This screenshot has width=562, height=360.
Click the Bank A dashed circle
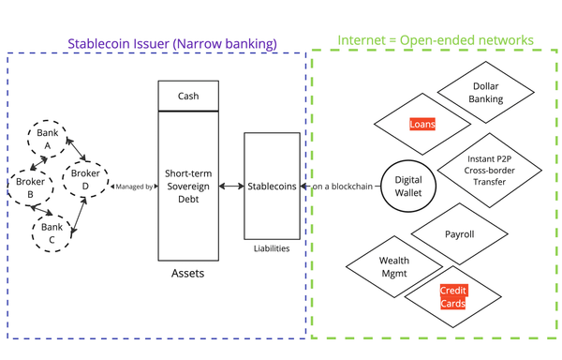pos(47,139)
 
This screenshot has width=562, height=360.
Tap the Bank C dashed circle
pos(52,232)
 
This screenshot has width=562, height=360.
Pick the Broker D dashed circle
pos(85,179)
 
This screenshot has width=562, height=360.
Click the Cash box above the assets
pos(187,96)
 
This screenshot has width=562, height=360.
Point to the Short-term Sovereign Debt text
pos(187,186)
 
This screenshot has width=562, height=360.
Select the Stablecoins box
pos(272,186)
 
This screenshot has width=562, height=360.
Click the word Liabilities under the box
pos(272,248)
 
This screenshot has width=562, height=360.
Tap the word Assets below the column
pos(187,274)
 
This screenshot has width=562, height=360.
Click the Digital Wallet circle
pos(408,186)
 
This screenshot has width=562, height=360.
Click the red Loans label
pos(422,124)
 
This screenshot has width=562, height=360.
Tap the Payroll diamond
pos(459,234)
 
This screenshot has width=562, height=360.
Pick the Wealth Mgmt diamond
pos(393,267)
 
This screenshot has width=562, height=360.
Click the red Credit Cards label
pos(453,297)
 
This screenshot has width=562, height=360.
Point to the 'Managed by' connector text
pos(133,187)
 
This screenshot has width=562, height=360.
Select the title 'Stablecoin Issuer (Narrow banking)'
pos(171,43)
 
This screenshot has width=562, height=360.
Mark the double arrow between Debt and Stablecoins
pos(231,187)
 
